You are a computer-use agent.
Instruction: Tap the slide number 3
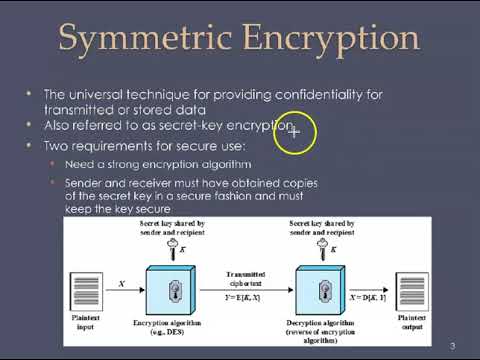(x=453, y=346)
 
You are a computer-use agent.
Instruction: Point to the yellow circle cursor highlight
(x=293, y=132)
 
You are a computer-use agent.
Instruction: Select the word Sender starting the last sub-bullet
(x=86, y=184)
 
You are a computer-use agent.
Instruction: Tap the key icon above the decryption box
(x=320, y=246)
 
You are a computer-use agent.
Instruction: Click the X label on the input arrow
(x=122, y=284)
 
